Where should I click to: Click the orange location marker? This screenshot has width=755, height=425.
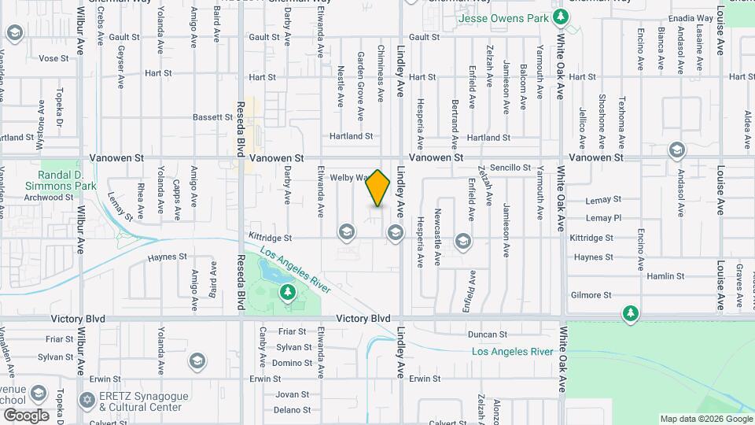tap(378, 188)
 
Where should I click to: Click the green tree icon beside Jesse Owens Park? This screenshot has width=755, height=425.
tap(558, 17)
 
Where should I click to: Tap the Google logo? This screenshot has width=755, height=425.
tap(26, 416)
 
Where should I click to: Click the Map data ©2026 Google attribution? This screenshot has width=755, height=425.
tap(705, 419)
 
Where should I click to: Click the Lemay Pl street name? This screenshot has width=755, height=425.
tap(604, 218)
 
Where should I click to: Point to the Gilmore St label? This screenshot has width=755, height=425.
tap(591, 295)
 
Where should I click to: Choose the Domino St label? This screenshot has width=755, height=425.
tap(292, 363)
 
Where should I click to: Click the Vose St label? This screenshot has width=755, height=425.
tap(54, 58)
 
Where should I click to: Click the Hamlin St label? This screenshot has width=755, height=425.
tap(666, 276)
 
